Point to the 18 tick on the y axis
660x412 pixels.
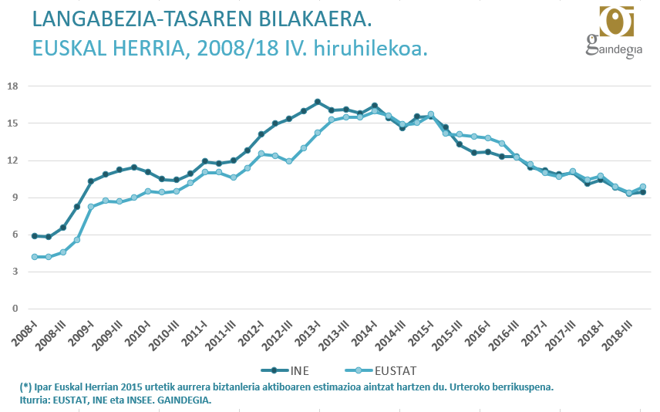[x=12, y=86]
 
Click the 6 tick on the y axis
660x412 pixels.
[x=14, y=235]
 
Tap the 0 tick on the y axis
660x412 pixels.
[x=14, y=309]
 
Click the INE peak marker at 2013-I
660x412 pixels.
[x=318, y=102]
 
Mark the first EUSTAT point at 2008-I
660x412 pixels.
[x=34, y=257]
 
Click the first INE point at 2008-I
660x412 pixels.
[x=34, y=236]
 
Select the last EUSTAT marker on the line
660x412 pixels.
[x=643, y=187]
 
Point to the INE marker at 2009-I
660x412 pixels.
[x=91, y=181]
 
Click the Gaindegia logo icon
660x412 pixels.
[x=615, y=21]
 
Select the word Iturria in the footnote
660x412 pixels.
[x=36, y=400]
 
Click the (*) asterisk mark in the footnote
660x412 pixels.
[x=25, y=387]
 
